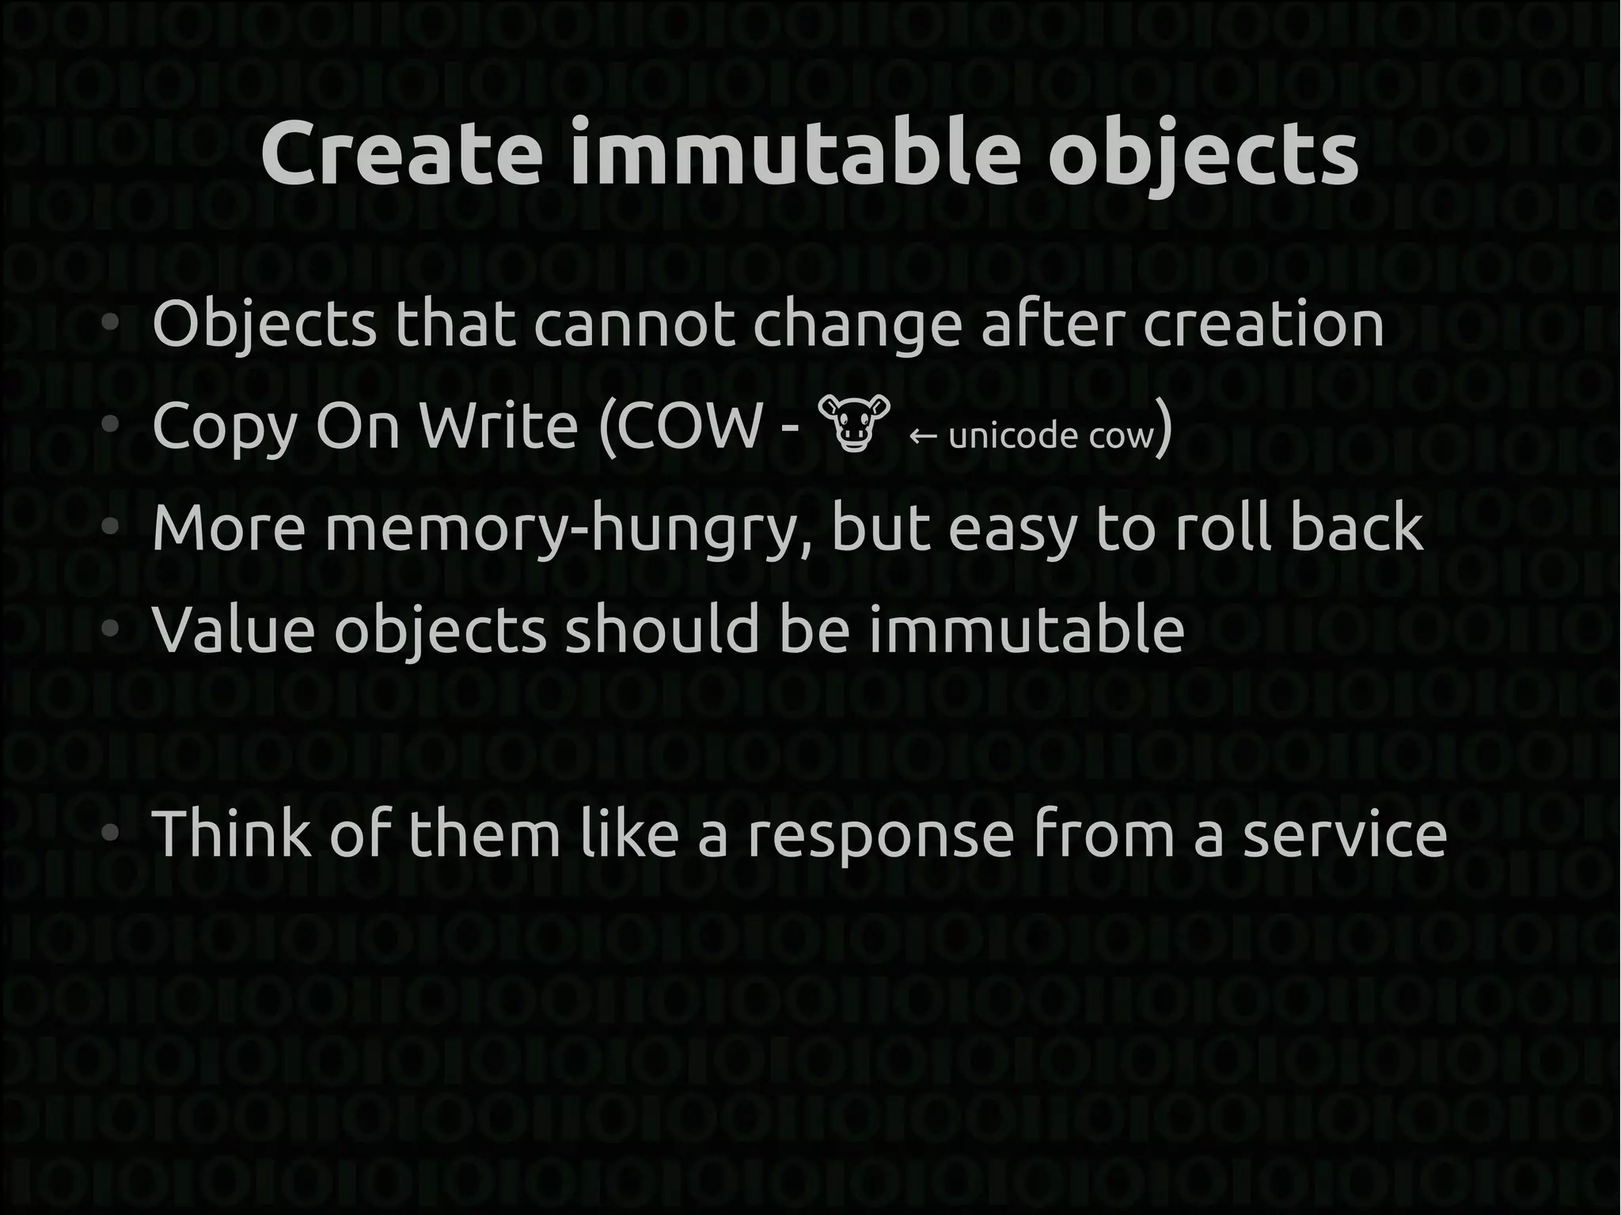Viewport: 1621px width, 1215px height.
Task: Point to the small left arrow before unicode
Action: click(924, 436)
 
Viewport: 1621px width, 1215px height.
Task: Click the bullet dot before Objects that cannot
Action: click(110, 323)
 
